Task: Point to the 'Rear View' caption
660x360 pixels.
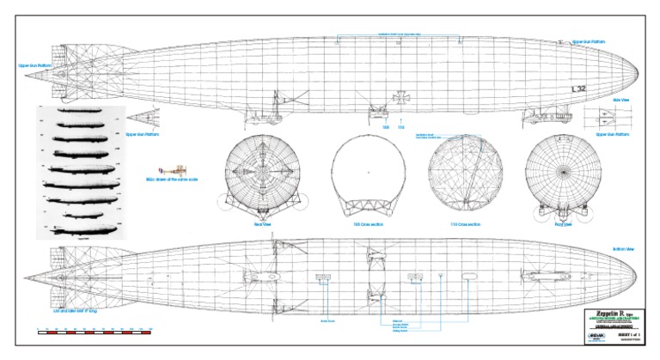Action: click(262, 224)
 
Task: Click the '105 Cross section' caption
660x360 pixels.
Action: click(367, 224)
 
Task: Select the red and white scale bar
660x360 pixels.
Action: click(95, 330)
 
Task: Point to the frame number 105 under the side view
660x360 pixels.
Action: click(386, 127)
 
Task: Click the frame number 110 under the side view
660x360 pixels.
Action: click(400, 127)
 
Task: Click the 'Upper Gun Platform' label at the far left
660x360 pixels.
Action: click(35, 64)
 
